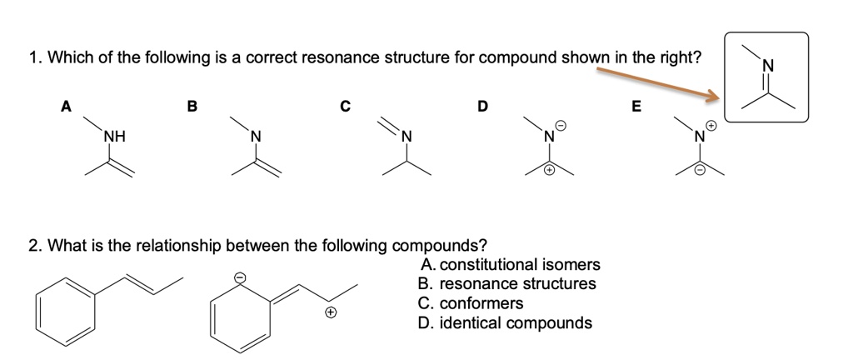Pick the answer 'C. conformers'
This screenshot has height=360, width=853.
(x=471, y=303)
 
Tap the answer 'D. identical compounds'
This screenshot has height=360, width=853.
(x=505, y=322)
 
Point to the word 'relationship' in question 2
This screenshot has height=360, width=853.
(x=175, y=246)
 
